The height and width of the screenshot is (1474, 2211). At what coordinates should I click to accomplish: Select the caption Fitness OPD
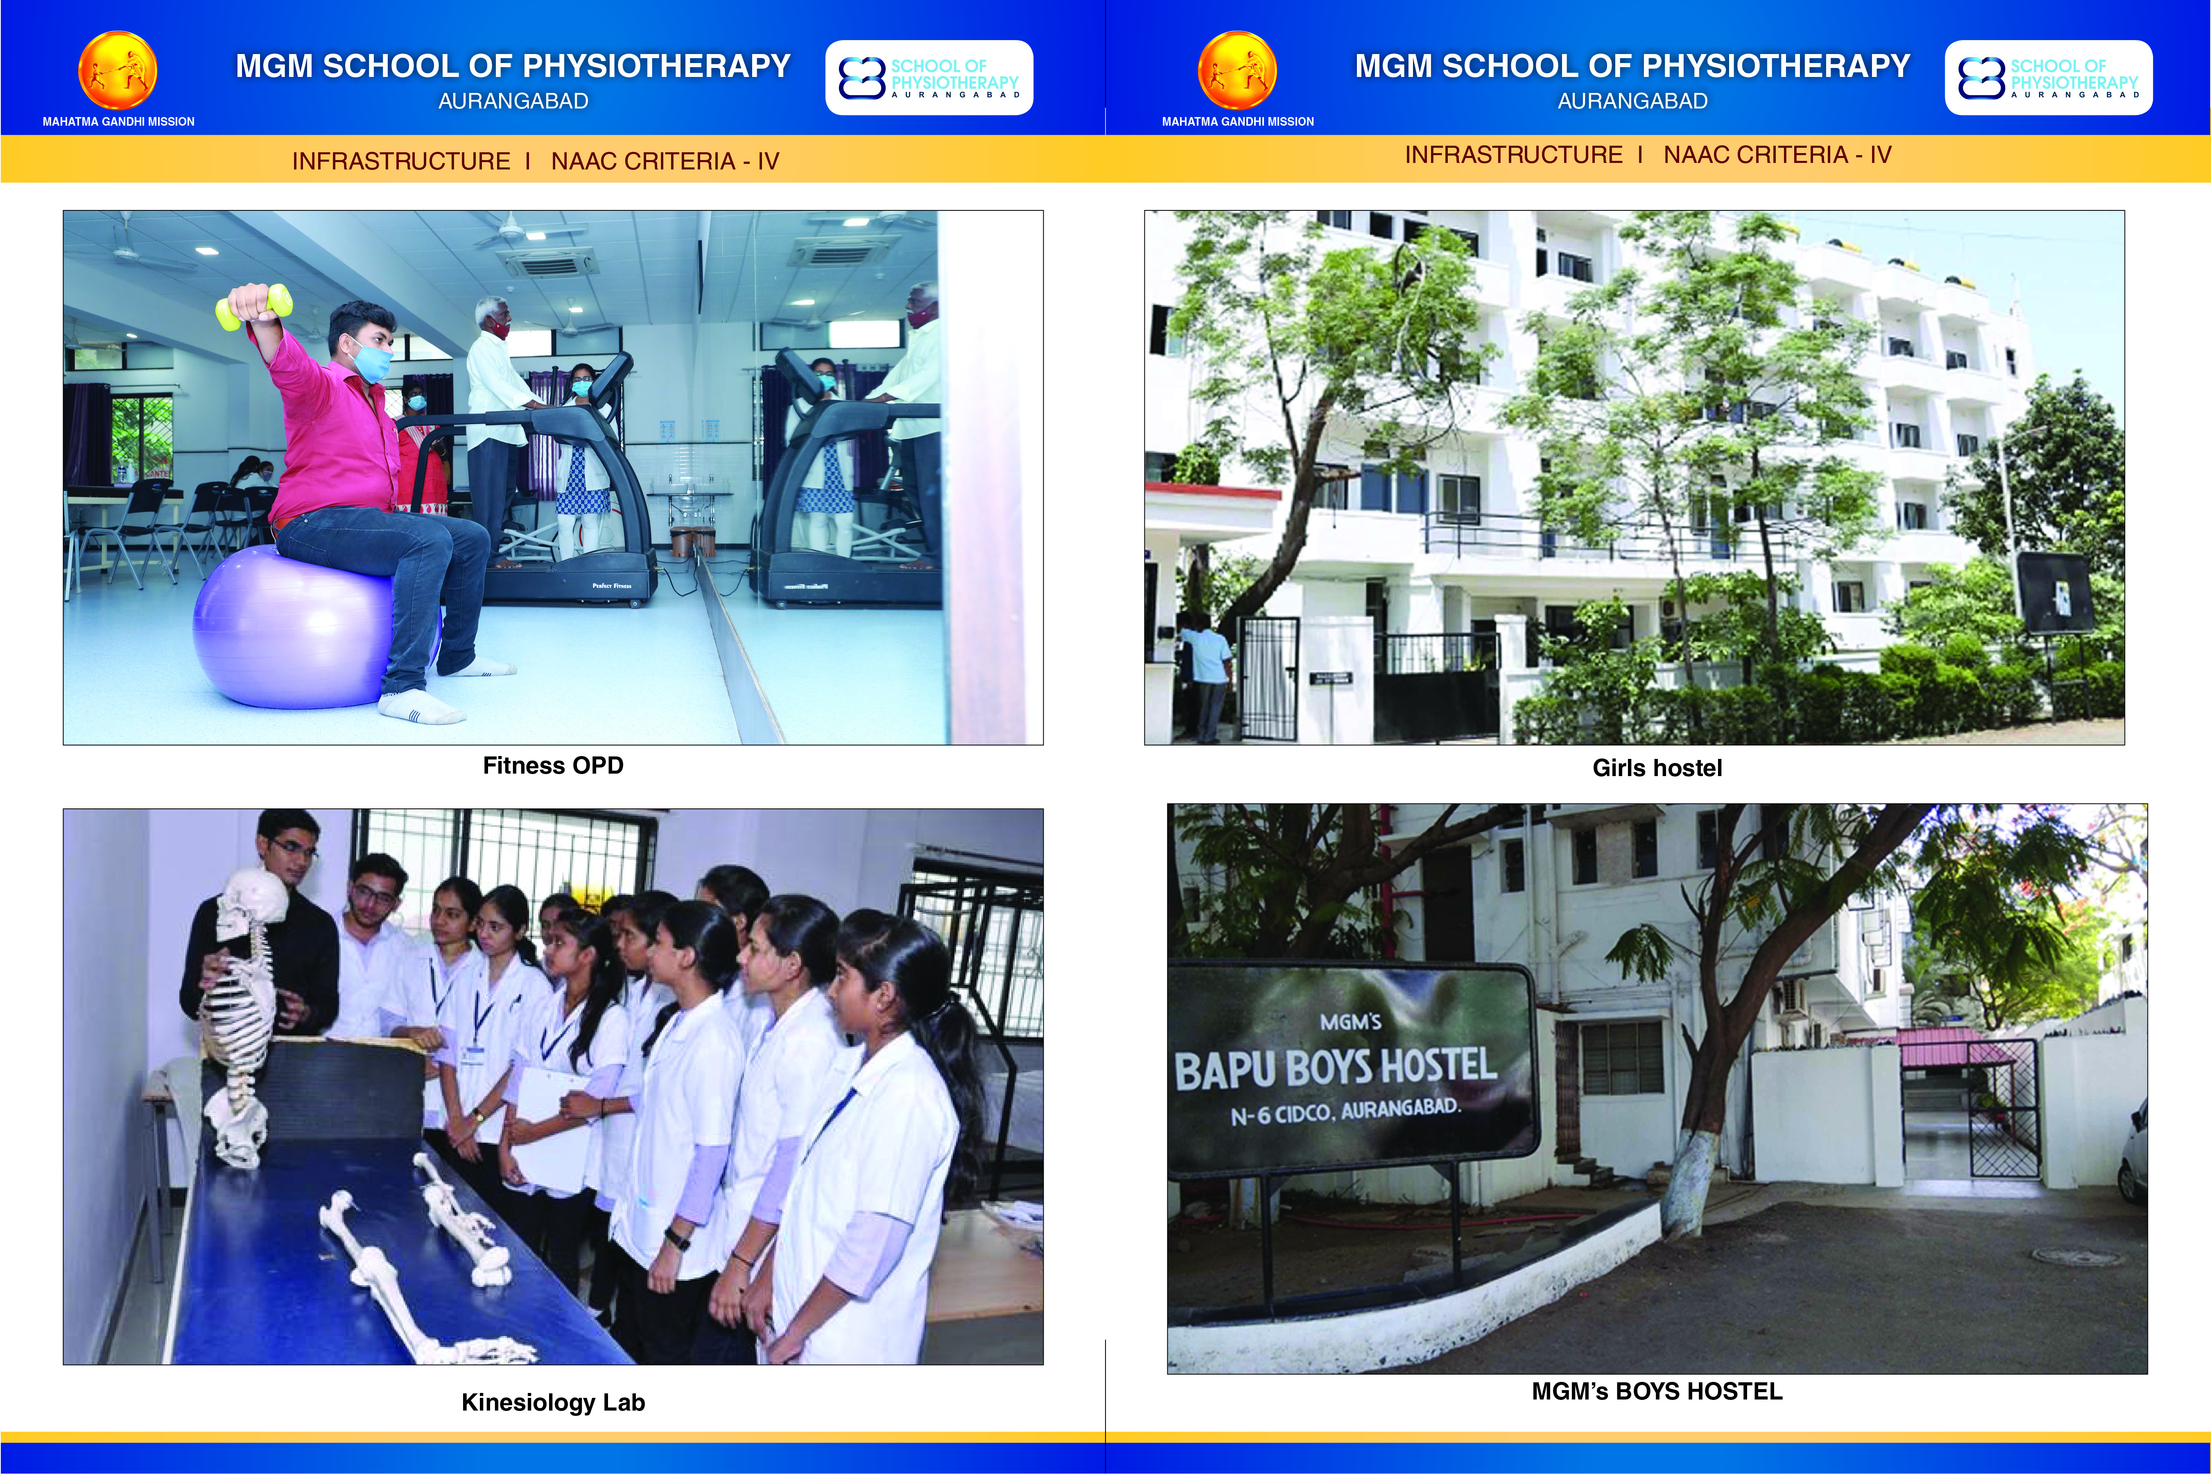click(x=553, y=765)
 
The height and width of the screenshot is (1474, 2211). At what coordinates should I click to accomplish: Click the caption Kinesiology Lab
click(x=553, y=1402)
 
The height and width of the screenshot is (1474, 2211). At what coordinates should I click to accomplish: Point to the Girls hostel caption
click(x=1657, y=768)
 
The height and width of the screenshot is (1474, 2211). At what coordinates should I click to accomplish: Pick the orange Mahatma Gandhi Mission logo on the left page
click(x=118, y=72)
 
